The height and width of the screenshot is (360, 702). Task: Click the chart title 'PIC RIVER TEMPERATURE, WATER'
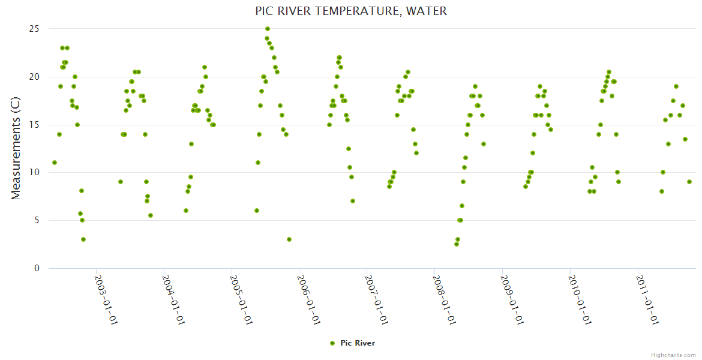351,11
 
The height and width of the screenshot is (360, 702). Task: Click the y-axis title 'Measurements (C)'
16,149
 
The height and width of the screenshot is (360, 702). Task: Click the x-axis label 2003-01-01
106,300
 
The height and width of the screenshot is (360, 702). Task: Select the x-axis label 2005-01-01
241,300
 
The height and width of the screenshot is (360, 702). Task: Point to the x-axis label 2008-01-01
443,300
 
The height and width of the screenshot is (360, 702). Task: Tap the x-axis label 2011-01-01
647,300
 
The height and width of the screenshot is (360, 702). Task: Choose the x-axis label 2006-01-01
308,300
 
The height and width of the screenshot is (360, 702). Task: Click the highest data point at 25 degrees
268,29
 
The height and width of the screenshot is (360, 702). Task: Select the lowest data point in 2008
457,244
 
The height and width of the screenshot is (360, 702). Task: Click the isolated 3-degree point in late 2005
289,239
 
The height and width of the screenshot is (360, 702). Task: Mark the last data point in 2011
689,182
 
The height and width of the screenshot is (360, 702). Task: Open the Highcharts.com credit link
673,355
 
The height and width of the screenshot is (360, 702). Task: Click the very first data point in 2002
55,163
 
